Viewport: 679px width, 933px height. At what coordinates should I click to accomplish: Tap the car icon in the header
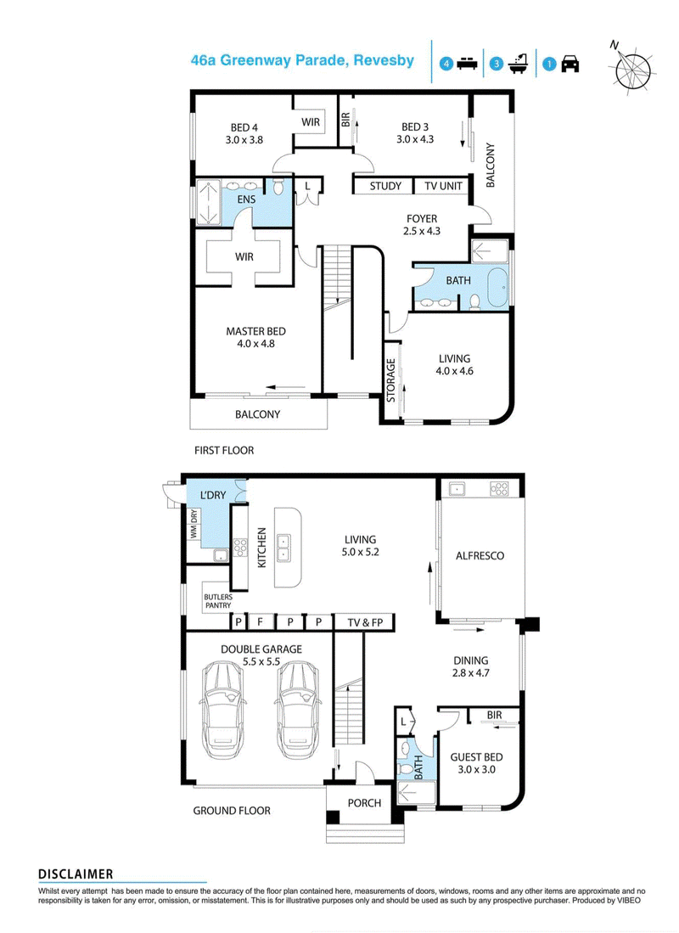pos(570,63)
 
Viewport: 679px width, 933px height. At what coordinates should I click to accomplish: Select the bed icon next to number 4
pos(467,64)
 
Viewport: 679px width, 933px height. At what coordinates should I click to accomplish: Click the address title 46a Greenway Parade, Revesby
pos(302,60)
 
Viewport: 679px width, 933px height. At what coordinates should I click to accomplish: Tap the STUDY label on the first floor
pos(385,186)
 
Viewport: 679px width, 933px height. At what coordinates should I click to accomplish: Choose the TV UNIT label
pos(443,186)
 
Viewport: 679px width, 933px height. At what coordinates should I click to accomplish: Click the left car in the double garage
pos(222,710)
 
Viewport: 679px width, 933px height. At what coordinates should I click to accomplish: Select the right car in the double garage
pos(300,710)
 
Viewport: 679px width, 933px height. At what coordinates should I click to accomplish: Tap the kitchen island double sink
pos(283,548)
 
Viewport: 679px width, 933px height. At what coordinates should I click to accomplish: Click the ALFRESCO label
pos(480,556)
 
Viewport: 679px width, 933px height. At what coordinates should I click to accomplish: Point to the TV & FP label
pos(365,622)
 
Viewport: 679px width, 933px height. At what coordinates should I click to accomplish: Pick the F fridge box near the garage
pos(260,622)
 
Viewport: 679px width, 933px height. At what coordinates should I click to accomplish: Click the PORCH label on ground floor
pos(364,803)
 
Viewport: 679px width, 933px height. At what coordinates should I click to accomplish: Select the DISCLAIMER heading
pos(76,874)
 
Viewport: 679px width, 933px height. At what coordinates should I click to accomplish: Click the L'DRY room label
pos(213,494)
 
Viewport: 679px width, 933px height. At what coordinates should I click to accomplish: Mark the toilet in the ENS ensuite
pos(278,187)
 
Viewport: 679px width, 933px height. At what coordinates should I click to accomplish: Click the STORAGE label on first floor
pos(391,380)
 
